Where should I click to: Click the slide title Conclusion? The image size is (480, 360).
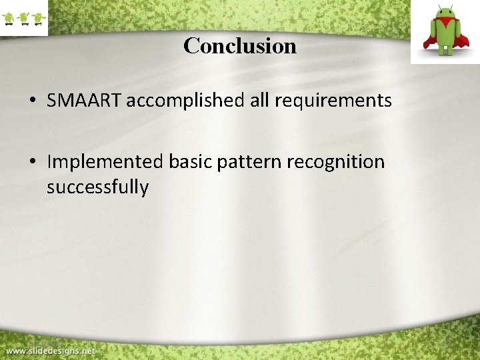coord(240,46)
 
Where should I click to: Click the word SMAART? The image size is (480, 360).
coord(84,101)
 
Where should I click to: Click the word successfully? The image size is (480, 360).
coord(97,187)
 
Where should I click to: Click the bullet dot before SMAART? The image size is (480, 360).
coord(32,101)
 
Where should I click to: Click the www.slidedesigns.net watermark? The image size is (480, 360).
coord(51,350)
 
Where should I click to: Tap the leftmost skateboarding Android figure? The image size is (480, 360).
coord(9,18)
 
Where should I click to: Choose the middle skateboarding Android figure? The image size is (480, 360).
coord(23,18)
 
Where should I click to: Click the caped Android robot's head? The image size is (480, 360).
coord(444,15)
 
